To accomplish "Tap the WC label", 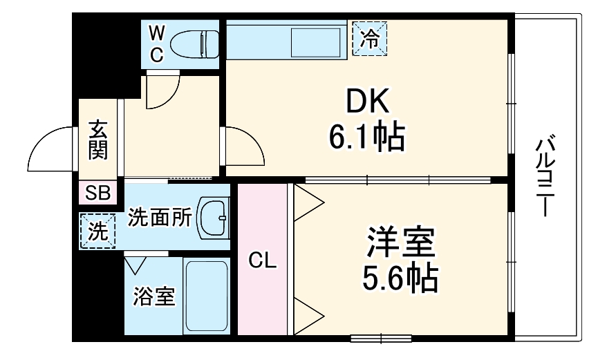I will [x=157, y=44].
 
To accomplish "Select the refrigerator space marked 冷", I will [x=371, y=38].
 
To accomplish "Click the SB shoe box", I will [x=98, y=193].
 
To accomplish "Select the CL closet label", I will [x=262, y=260].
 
